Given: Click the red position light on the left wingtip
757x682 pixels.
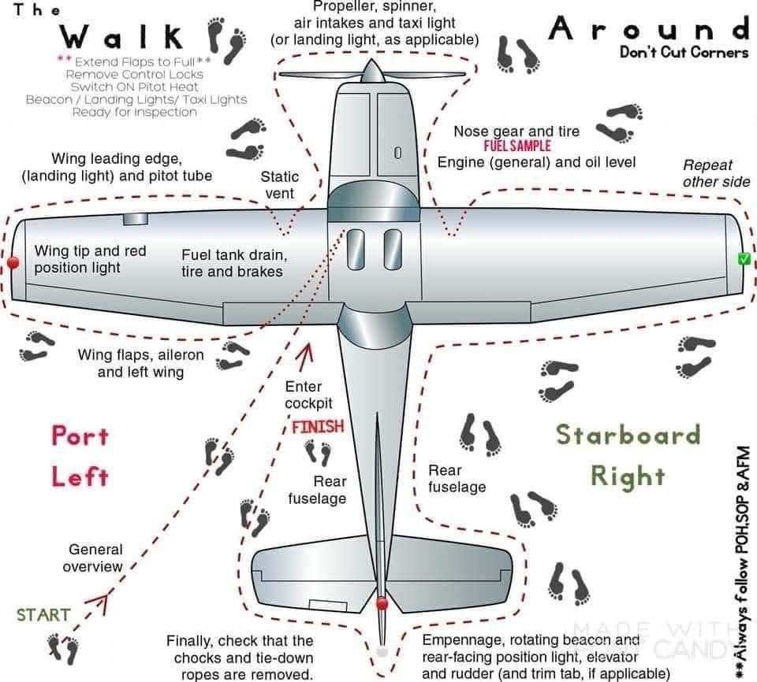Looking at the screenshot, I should (x=12, y=261).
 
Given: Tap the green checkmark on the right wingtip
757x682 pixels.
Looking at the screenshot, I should (x=743, y=259).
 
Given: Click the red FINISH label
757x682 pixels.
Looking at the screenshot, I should (x=318, y=427).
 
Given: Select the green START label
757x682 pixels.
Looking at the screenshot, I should (x=43, y=614).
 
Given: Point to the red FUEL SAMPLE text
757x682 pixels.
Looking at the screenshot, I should (x=517, y=146).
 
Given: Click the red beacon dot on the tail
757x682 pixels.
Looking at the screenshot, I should (x=382, y=604).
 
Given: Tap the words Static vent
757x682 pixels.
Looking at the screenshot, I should (x=279, y=185).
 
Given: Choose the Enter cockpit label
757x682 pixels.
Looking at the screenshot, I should (x=304, y=395).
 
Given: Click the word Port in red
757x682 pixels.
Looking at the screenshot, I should (x=80, y=436).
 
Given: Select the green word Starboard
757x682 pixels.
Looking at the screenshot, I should (x=628, y=434).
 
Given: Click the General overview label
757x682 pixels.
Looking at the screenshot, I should (x=95, y=558).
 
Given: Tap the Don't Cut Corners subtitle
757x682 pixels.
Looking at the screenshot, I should (x=684, y=53).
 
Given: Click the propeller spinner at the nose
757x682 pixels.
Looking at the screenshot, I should (x=373, y=72).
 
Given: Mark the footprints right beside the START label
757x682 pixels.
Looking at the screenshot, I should (x=64, y=647).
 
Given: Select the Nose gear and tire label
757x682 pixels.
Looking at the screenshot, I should (x=516, y=131).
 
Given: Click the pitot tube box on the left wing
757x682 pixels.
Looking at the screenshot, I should (x=135, y=218).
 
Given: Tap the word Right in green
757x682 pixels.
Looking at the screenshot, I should (x=628, y=476).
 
